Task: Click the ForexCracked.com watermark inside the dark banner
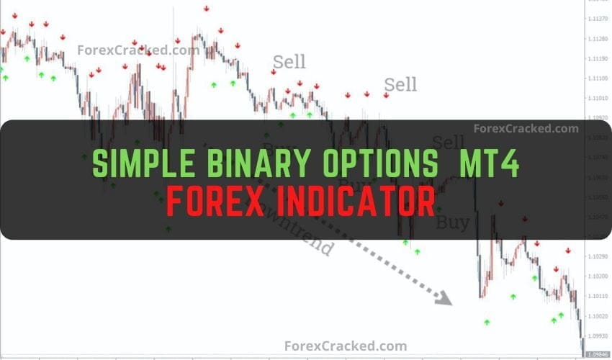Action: [526, 129]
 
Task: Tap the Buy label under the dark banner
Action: [451, 222]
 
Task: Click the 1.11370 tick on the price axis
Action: [598, 19]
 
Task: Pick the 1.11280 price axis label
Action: [598, 39]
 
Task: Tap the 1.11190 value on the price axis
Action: [598, 58]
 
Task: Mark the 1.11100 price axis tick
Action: [598, 78]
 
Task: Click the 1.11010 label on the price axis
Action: [598, 97]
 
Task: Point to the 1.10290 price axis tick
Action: [598, 256]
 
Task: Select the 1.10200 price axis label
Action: [598, 276]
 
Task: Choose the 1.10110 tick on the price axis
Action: [598, 296]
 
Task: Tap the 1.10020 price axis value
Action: [598, 316]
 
